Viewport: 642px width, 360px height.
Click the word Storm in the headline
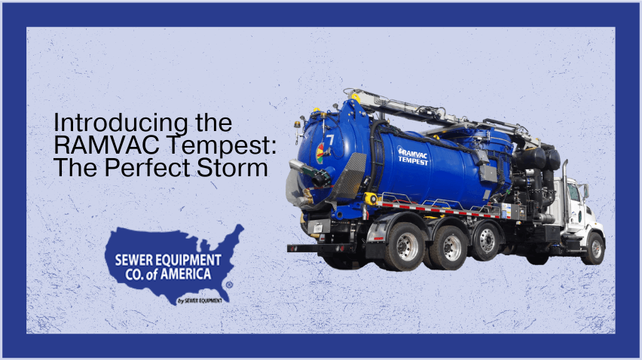pyautogui.click(x=237, y=168)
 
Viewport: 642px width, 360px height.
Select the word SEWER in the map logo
pyautogui.click(x=136, y=260)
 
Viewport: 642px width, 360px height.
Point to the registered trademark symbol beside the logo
pyautogui.click(x=228, y=285)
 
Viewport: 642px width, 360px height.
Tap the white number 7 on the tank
pyautogui.click(x=330, y=140)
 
